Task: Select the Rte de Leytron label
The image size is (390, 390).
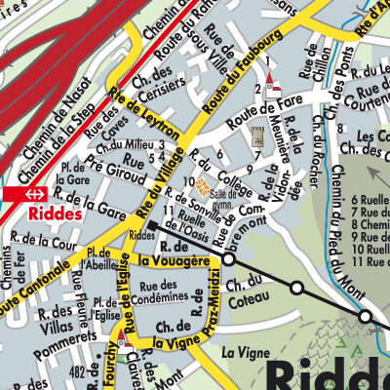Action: (146, 116)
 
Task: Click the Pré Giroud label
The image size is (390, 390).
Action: (107, 163)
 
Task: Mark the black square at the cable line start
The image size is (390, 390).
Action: (151, 225)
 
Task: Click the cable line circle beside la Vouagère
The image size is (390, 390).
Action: (229, 260)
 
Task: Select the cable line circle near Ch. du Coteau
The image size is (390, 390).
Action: (296, 288)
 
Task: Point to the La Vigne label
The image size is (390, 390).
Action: (243, 351)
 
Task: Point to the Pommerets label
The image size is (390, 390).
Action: (62, 342)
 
